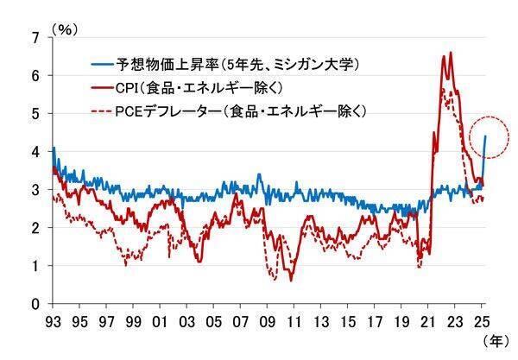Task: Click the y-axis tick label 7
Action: (35, 37)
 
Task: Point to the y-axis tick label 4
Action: (35, 152)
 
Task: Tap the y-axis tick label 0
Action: (35, 304)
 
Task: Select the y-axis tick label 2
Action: (35, 228)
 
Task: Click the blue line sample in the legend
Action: (105, 64)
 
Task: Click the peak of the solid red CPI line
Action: (451, 53)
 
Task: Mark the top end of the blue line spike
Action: (485, 136)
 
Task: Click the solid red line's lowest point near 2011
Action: (291, 281)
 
